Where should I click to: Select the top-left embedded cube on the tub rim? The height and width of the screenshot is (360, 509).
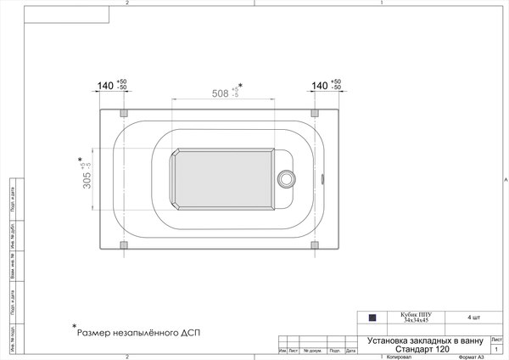(125, 112)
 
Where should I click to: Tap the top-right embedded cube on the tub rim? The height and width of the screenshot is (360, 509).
(315, 112)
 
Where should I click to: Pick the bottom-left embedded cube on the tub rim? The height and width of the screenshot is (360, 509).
(125, 245)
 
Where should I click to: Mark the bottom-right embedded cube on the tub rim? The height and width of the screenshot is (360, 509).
(315, 245)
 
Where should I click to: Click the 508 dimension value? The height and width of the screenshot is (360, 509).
(219, 94)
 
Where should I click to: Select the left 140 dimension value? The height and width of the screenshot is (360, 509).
(105, 86)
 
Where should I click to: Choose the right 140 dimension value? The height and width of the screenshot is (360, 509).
(319, 86)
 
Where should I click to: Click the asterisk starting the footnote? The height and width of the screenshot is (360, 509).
(74, 327)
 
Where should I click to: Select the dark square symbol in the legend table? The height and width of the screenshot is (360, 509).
(372, 318)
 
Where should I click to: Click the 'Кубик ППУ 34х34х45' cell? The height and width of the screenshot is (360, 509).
(416, 318)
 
